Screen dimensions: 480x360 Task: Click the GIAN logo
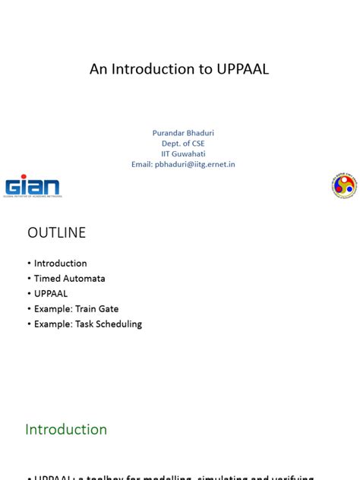pos(33,186)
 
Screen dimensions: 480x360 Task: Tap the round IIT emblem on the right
pos(343,185)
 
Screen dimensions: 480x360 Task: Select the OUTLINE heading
pos(57,233)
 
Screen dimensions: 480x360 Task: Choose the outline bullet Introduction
pos(60,264)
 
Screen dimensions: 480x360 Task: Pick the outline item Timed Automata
pos(69,279)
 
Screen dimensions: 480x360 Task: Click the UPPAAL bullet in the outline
pos(51,293)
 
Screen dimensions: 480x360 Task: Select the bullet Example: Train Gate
pos(76,308)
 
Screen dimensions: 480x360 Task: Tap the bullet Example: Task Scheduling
pos(87,324)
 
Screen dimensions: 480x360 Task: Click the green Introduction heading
pos(66,429)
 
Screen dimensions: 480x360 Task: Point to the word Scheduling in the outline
pos(119,324)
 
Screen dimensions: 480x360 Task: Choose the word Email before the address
pos(141,164)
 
